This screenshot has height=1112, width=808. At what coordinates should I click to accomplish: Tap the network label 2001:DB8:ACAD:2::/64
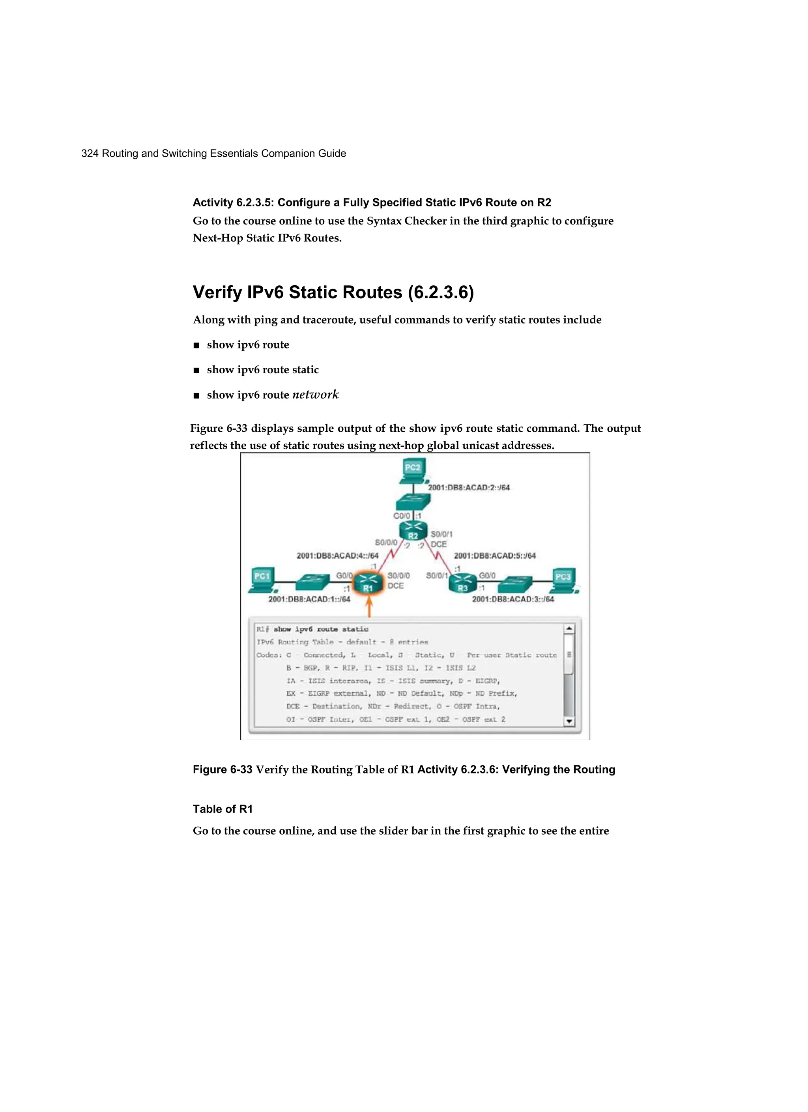tap(469, 487)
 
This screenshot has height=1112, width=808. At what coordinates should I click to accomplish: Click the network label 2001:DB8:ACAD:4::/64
tap(337, 556)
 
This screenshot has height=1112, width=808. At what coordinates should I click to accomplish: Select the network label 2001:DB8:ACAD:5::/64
tap(495, 556)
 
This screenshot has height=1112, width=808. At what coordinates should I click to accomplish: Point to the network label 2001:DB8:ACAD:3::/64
tap(513, 599)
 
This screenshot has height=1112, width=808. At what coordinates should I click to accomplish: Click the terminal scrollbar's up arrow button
tap(569, 629)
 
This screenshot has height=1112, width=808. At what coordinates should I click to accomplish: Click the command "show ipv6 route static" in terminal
tap(321, 629)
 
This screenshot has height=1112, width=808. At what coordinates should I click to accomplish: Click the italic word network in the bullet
tap(315, 395)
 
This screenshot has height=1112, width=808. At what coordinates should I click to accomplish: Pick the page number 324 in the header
tap(90, 154)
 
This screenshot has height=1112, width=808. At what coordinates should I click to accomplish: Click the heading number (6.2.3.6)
tap(441, 292)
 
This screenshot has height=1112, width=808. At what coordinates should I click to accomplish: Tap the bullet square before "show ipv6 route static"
tap(196, 371)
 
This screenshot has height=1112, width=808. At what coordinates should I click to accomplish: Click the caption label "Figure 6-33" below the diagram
tap(222, 769)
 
